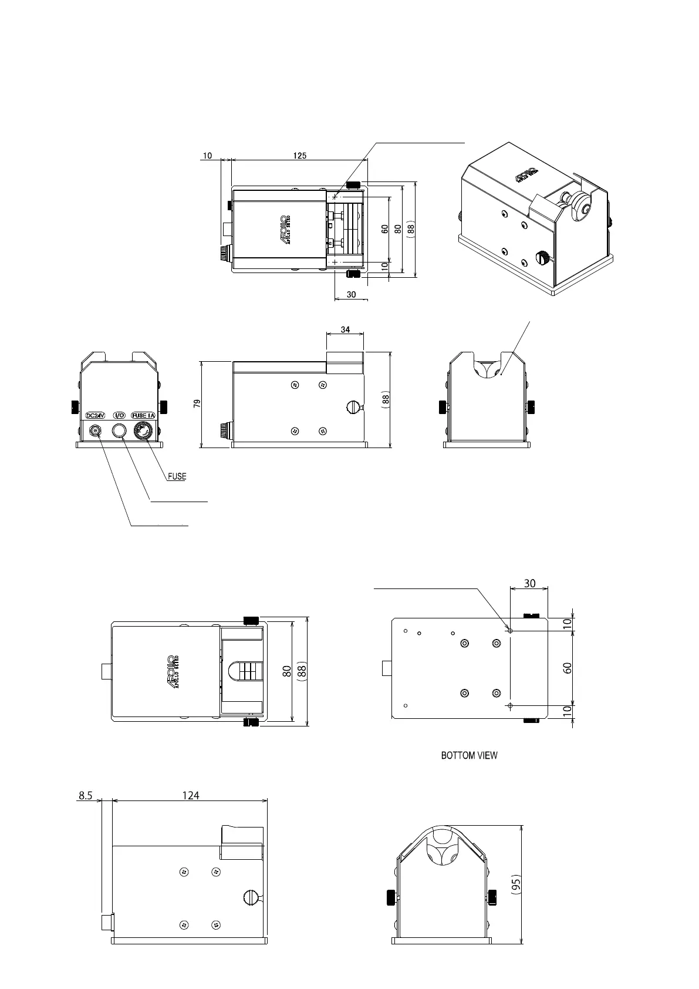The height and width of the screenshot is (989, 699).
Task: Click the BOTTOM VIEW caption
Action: pyautogui.click(x=469, y=755)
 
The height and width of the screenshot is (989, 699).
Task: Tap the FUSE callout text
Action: pyautogui.click(x=177, y=477)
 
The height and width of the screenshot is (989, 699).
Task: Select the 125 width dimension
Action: pyautogui.click(x=299, y=156)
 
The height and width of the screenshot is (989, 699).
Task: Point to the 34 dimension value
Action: pyautogui.click(x=345, y=329)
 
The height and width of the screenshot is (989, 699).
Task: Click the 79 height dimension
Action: pyautogui.click(x=197, y=404)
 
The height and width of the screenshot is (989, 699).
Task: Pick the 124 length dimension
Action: pyautogui.click(x=190, y=795)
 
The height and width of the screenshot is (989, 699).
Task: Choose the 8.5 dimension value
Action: pyautogui.click(x=86, y=795)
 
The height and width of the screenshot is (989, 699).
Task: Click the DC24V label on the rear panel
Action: pyautogui.click(x=94, y=415)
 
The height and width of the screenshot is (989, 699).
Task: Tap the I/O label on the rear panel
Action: pyautogui.click(x=119, y=415)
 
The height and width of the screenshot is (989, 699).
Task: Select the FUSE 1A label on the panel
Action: pyautogui.click(x=143, y=415)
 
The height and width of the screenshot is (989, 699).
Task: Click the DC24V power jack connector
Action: pyautogui.click(x=95, y=431)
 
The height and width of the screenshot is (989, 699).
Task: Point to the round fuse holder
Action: pyautogui.click(x=142, y=431)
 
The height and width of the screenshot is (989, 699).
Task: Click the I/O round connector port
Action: pyautogui.click(x=119, y=431)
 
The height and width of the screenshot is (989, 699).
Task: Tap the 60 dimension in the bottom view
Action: pyautogui.click(x=568, y=668)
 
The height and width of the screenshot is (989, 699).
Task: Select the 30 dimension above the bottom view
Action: pyautogui.click(x=529, y=583)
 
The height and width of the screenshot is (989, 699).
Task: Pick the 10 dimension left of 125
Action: pyautogui.click(x=207, y=156)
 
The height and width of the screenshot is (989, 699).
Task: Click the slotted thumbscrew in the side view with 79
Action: pyautogui.click(x=354, y=406)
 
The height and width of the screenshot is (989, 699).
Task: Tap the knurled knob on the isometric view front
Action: pyautogui.click(x=543, y=257)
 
